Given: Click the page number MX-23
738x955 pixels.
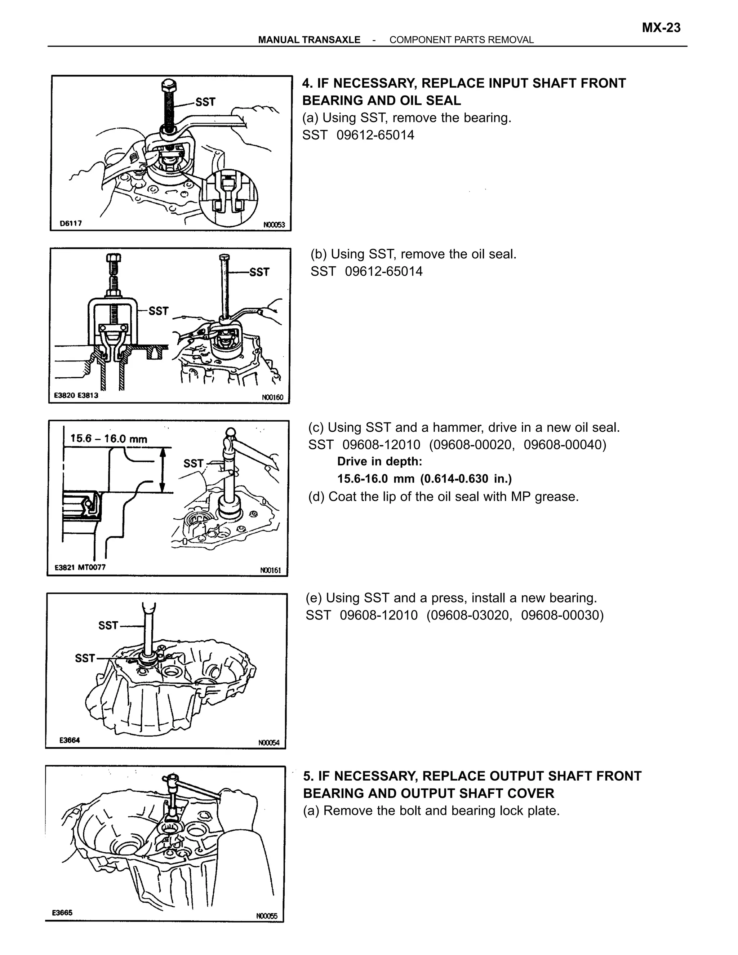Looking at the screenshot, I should coord(661,28).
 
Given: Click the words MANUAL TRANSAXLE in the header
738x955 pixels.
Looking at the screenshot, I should coord(309,40).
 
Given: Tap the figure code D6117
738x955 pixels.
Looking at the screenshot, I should coord(71,223).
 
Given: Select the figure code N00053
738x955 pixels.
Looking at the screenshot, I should coord(274,225).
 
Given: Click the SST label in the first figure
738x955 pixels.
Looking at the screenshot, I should coord(205,102).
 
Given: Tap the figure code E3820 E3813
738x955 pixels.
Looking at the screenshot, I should coord(76,395).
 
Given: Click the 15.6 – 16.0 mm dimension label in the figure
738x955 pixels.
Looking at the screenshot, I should coord(109,439).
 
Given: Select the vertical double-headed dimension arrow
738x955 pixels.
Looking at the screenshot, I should coord(163,470).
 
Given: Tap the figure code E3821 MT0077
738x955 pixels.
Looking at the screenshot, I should coord(80,567).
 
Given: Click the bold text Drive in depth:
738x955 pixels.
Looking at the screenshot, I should coord(379,461).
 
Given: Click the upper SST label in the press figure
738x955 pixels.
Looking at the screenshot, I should coord(108,625).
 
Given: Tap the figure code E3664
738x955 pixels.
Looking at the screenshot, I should coord(70,740).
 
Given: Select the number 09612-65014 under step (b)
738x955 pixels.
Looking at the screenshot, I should coord(383,272).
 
